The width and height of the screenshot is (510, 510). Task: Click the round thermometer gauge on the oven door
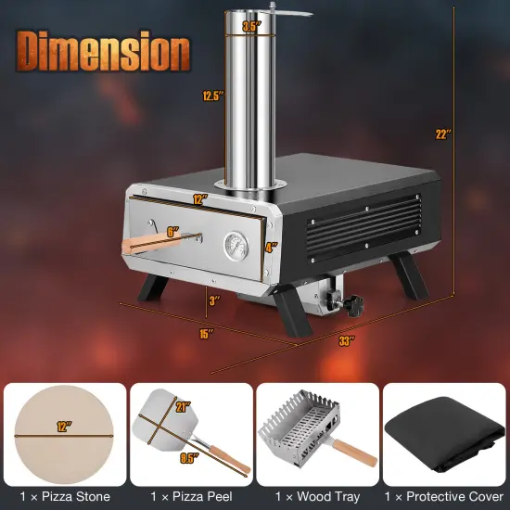[x=236, y=246]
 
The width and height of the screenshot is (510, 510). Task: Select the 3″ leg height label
[x=213, y=300]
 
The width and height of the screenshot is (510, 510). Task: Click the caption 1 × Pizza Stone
[x=64, y=496]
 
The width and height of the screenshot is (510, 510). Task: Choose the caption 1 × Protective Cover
[x=445, y=496]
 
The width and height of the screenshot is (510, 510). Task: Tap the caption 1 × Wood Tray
[x=317, y=496]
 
